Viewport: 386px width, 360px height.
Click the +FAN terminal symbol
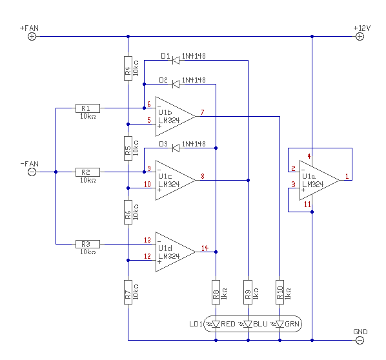(x=32, y=37)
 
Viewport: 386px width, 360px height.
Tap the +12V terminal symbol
(x=360, y=37)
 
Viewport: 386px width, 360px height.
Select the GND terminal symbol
(x=360, y=340)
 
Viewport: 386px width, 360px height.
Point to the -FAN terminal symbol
(x=32, y=172)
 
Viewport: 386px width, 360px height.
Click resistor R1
(x=88, y=108)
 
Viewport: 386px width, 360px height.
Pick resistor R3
(x=88, y=244)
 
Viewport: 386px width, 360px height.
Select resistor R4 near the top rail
(x=128, y=68)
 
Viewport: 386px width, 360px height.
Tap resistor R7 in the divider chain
(x=128, y=292)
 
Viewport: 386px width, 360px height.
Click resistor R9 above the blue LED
(x=248, y=292)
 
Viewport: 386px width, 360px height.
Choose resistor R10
(x=279, y=292)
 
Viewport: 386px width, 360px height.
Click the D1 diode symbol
(x=176, y=60)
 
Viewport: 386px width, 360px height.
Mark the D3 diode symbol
(x=176, y=148)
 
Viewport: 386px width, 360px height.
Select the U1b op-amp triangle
(x=176, y=116)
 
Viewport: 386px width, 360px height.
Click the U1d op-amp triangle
(x=176, y=252)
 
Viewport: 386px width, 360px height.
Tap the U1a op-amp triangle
(x=320, y=181)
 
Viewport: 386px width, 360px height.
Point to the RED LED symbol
(x=216, y=324)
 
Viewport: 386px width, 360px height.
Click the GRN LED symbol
(x=279, y=324)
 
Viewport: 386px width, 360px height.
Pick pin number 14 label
(x=205, y=248)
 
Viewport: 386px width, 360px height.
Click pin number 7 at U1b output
(x=202, y=112)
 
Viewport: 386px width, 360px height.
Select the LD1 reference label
(x=196, y=324)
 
